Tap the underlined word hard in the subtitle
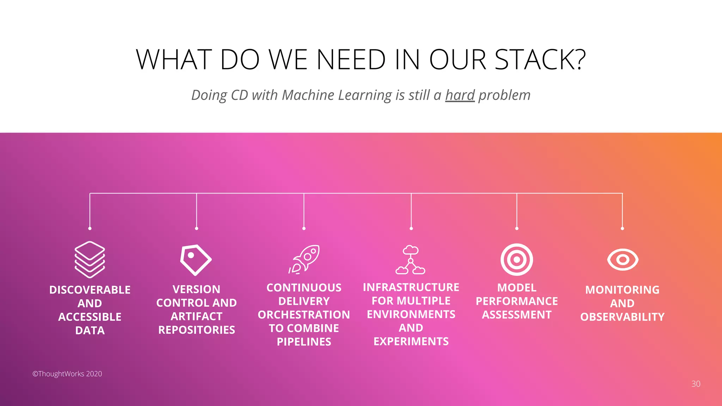pyautogui.click(x=460, y=95)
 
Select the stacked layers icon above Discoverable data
pyautogui.click(x=90, y=260)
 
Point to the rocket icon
pyautogui.click(x=305, y=260)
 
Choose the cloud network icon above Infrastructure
pyautogui.click(x=410, y=260)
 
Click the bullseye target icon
pyautogui.click(x=517, y=260)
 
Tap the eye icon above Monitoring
pyautogui.click(x=623, y=260)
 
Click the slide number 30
pyautogui.click(x=696, y=384)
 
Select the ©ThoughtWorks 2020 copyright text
pyautogui.click(x=67, y=374)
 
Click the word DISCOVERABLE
pyautogui.click(x=90, y=290)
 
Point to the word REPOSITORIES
pyautogui.click(x=196, y=330)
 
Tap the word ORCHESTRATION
pyautogui.click(x=304, y=315)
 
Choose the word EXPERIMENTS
pyautogui.click(x=411, y=342)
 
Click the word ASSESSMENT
pyautogui.click(x=517, y=315)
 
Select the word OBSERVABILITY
pyautogui.click(x=622, y=317)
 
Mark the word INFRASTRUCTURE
pyautogui.click(x=411, y=287)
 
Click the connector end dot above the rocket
pyautogui.click(x=304, y=228)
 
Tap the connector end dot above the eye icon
pyautogui.click(x=622, y=228)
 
